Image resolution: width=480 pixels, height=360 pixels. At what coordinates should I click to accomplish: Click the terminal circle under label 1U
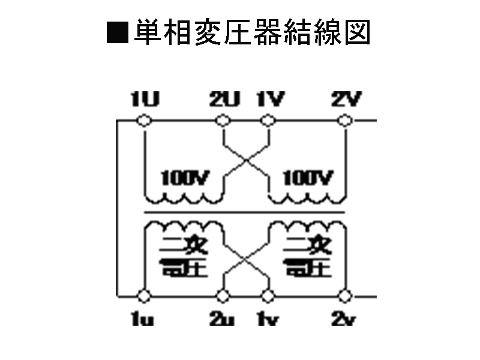(x=144, y=121)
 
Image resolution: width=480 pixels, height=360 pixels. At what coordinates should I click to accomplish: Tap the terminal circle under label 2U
(x=223, y=121)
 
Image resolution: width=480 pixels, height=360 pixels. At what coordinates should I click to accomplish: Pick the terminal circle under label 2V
(x=344, y=121)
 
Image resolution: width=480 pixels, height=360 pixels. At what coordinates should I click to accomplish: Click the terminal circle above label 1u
(x=144, y=296)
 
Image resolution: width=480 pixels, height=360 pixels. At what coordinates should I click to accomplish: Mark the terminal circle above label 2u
(x=223, y=296)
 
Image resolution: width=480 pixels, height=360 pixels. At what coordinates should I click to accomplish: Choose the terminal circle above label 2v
(x=344, y=296)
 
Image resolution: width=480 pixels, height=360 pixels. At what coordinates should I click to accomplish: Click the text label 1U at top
(x=145, y=100)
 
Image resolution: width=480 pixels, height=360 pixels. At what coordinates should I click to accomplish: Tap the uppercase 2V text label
(x=345, y=100)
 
